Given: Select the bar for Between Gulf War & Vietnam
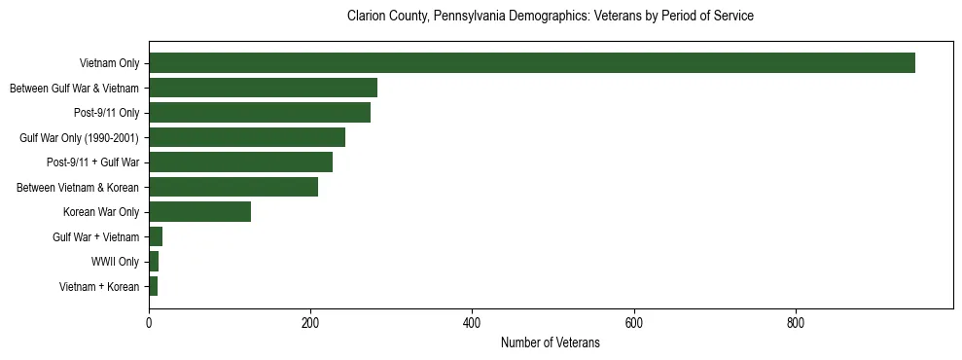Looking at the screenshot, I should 263,88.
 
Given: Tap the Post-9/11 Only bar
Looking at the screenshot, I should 260,113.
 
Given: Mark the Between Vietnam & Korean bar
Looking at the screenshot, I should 233,187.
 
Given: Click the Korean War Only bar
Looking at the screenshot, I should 199,212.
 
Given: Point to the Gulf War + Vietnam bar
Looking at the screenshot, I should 156,236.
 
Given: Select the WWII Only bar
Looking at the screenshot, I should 154,262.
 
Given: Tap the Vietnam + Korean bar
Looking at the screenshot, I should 153,286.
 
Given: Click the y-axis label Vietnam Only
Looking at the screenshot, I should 108,64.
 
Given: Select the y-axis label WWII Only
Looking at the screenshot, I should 115,262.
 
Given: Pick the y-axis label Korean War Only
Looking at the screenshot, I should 101,212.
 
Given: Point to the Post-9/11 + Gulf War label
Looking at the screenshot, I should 92,162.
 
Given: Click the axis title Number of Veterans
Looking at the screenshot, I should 550,342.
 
